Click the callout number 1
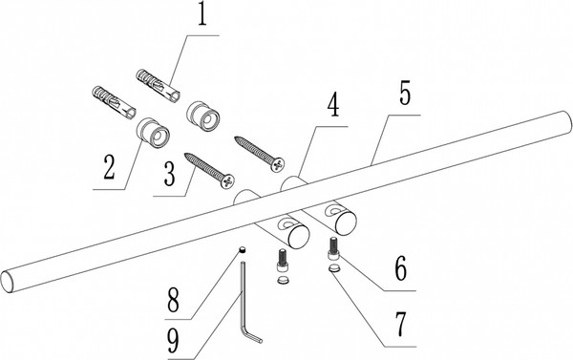[x=202, y=13]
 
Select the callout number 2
[x=109, y=167]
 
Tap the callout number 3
[x=170, y=174]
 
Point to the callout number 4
[x=333, y=106]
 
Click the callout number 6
[x=400, y=268]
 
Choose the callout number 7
[x=400, y=324]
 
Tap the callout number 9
[x=173, y=340]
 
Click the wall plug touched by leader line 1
[x=158, y=85]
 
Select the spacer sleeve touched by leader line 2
[x=153, y=133]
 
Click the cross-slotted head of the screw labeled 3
[x=228, y=180]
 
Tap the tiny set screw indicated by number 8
[x=242, y=249]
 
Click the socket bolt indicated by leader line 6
[x=332, y=249]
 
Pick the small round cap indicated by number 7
[x=334, y=268]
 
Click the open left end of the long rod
[x=9, y=282]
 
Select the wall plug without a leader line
[x=114, y=103]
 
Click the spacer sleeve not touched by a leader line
[x=203, y=116]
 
